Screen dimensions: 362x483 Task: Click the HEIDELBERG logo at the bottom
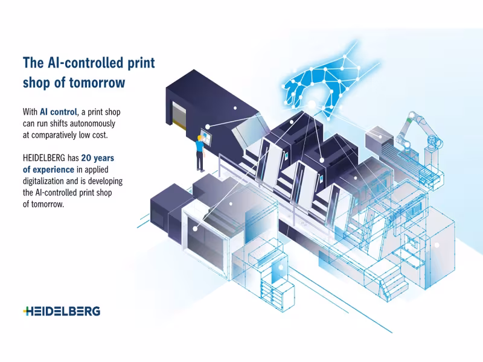[62, 311]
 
